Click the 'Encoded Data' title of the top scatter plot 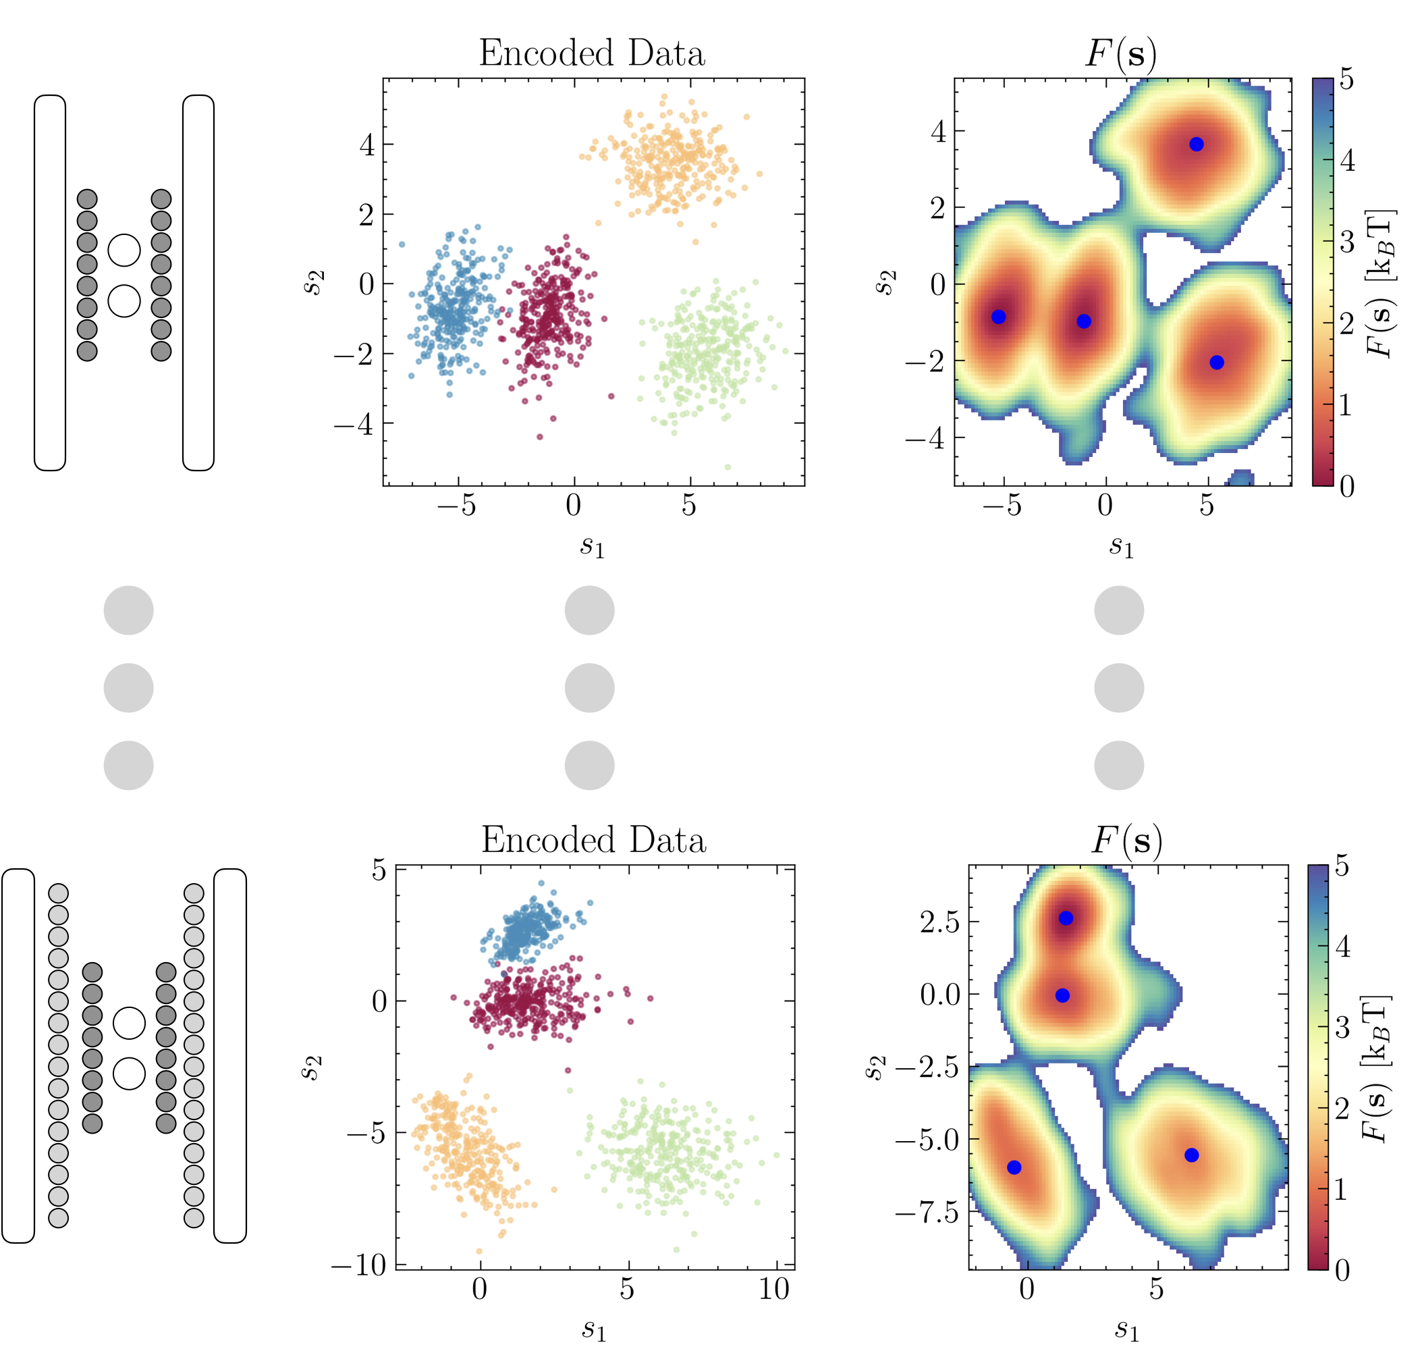pos(592,53)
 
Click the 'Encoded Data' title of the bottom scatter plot pos(593,840)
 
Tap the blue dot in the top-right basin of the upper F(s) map pos(1196,144)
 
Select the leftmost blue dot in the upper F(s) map pos(997,317)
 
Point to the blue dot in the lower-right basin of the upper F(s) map pos(1216,363)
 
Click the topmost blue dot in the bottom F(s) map pos(1066,918)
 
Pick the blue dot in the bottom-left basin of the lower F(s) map pos(1014,1167)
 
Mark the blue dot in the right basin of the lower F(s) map pos(1191,1155)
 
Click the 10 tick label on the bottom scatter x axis pos(774,1289)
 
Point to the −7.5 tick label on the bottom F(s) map pos(927,1213)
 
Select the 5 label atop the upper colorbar pos(1346,79)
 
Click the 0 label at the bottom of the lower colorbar pos(1342,1270)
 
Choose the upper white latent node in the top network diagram pos(124,250)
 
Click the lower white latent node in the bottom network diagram pos(130,1074)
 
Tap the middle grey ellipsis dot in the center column pos(589,688)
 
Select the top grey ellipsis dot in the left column pos(129,610)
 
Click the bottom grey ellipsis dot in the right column pos(1118,766)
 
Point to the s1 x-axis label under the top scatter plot pos(593,547)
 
